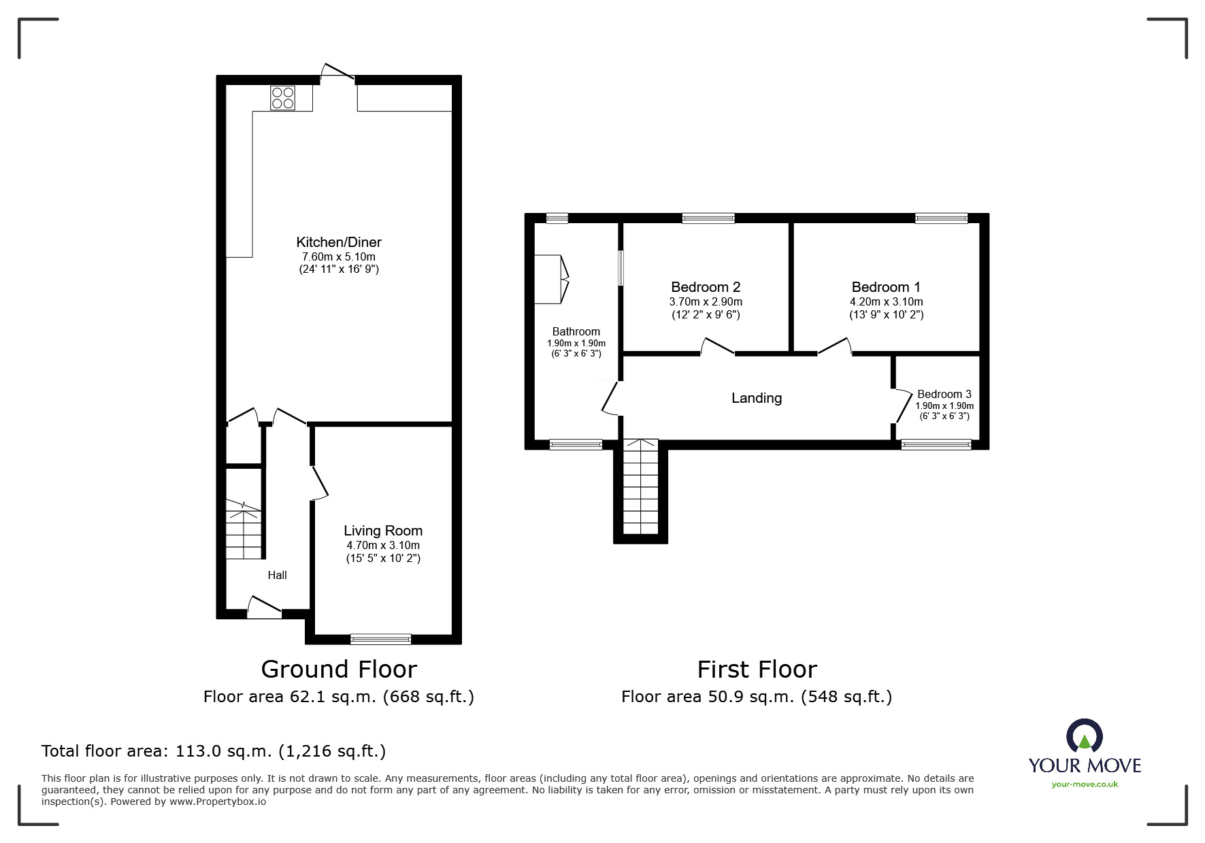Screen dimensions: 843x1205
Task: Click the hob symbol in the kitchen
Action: (x=282, y=97)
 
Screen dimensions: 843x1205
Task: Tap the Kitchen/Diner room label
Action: (x=339, y=242)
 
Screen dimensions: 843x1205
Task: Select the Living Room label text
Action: (x=382, y=531)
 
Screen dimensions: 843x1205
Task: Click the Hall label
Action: (x=277, y=576)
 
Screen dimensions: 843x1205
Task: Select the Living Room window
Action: (x=380, y=639)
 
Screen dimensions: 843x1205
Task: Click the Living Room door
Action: (x=320, y=483)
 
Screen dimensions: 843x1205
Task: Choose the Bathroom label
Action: (x=576, y=332)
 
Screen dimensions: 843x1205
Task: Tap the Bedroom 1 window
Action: (x=941, y=218)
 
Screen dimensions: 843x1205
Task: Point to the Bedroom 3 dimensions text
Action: (x=944, y=411)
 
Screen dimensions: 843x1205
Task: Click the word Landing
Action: (x=756, y=398)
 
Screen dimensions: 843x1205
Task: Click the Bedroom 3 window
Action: (x=936, y=445)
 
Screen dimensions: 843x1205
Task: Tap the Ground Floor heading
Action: (x=338, y=670)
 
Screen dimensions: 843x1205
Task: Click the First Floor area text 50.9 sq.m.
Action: (x=756, y=697)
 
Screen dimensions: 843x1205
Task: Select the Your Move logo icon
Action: (x=1084, y=737)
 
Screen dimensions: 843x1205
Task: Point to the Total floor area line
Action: (x=214, y=751)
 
